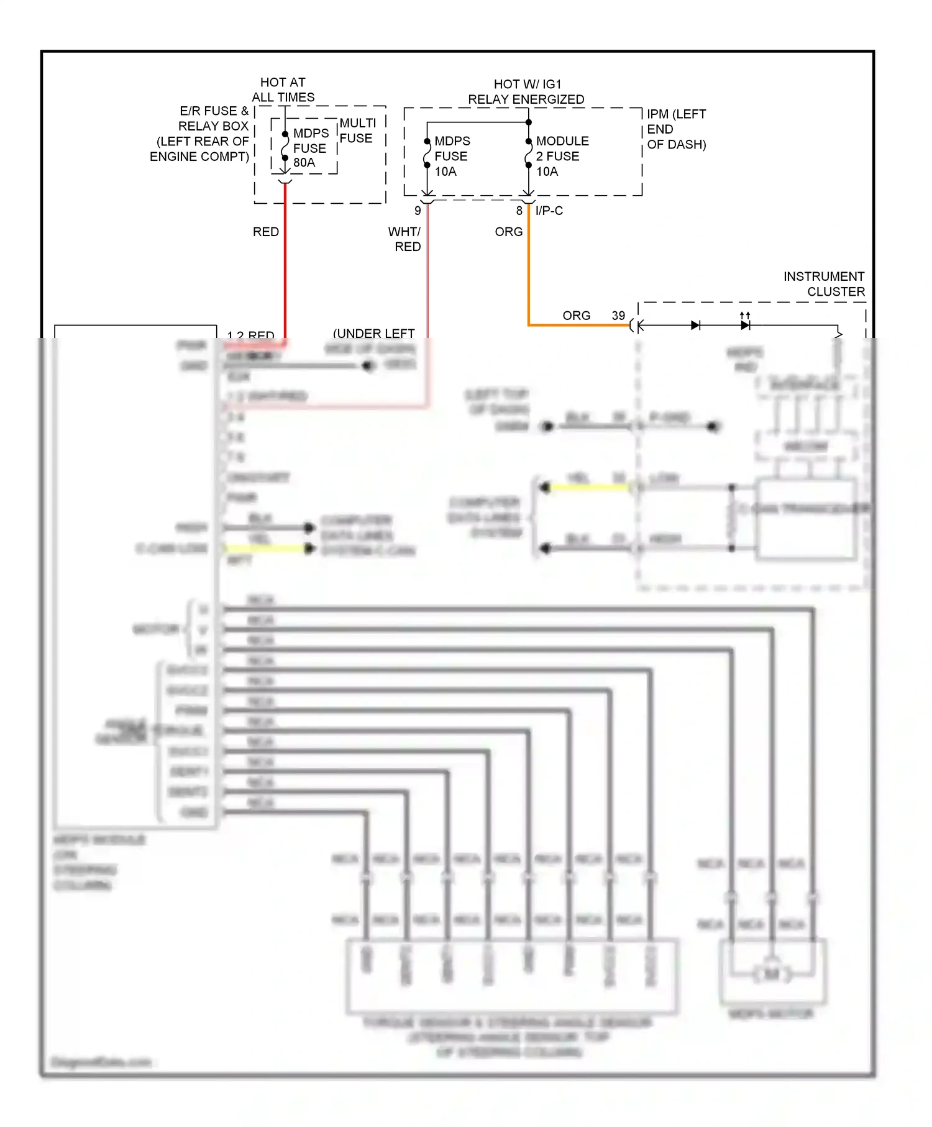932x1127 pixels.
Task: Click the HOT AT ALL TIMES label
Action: pyautogui.click(x=283, y=89)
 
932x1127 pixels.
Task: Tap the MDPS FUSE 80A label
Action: pyautogui.click(x=310, y=148)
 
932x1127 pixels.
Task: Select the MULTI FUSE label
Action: pyautogui.click(x=357, y=130)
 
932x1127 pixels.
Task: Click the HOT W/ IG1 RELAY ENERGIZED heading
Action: pyautogui.click(x=526, y=91)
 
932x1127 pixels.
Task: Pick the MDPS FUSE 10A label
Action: pyautogui.click(x=452, y=156)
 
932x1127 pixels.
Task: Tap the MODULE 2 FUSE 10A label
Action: pyautogui.click(x=562, y=156)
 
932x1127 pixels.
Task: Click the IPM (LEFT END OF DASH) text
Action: pyautogui.click(x=676, y=129)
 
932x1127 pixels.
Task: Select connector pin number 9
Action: pyautogui.click(x=418, y=211)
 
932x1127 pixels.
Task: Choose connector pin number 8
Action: pyautogui.click(x=519, y=211)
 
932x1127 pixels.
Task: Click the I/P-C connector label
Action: pyautogui.click(x=549, y=211)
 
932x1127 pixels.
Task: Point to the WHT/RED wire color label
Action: pyautogui.click(x=405, y=239)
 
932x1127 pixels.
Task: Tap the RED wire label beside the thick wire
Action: pyautogui.click(x=266, y=232)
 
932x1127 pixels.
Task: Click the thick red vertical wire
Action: pyautogui.click(x=285, y=267)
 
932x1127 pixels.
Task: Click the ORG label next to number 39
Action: pyautogui.click(x=576, y=316)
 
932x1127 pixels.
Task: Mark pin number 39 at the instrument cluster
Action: pyautogui.click(x=618, y=316)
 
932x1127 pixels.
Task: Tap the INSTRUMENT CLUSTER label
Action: pyautogui.click(x=823, y=284)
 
